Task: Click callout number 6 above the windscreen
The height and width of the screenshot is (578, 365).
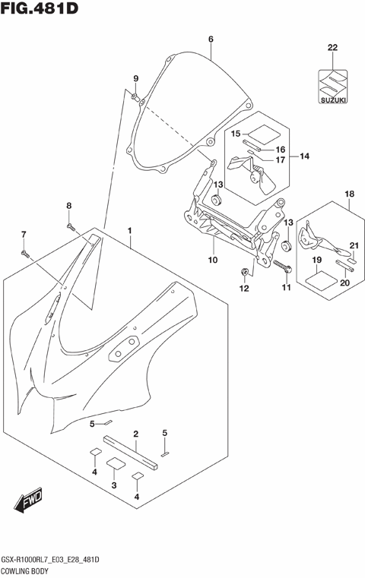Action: tap(211, 39)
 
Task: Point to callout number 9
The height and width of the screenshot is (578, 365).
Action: tap(135, 79)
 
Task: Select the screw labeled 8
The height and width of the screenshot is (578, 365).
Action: tap(71, 226)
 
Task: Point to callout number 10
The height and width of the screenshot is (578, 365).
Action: tap(213, 260)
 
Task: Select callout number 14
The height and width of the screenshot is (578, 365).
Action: tap(304, 157)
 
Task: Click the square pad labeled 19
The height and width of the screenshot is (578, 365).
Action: tap(319, 279)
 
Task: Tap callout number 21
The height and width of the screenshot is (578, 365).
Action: tap(354, 245)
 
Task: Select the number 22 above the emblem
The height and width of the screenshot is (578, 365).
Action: tap(332, 48)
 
